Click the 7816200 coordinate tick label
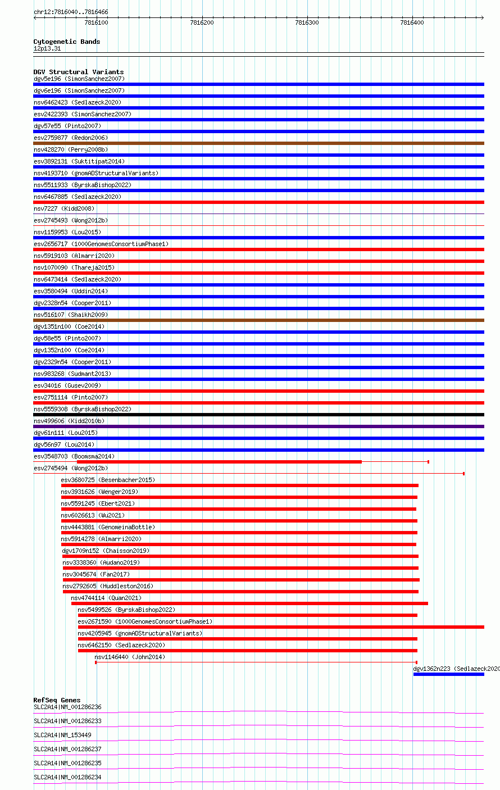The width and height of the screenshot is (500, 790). click(202, 22)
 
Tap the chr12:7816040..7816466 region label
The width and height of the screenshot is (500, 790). click(71, 12)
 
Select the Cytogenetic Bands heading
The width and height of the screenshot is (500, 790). click(66, 42)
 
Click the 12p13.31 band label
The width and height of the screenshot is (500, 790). click(47, 48)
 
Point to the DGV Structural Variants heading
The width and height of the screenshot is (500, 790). click(78, 72)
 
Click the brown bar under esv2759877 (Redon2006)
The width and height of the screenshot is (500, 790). click(258, 143)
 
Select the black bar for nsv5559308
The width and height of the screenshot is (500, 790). click(258, 415)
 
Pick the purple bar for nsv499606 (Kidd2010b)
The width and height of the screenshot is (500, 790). click(258, 426)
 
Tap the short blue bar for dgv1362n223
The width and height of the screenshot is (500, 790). click(448, 674)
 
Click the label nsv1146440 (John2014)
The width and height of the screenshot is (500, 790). click(130, 657)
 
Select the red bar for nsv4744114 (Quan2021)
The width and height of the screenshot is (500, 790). click(249, 603)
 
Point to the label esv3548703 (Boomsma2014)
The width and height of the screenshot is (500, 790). click(74, 456)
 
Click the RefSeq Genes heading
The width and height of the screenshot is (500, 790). click(57, 700)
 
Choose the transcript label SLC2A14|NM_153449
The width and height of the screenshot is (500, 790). click(62, 735)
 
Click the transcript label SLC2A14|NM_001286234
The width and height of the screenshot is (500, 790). click(67, 777)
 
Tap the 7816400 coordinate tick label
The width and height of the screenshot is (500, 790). click(412, 22)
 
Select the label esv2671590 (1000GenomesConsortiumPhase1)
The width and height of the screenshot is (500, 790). click(145, 621)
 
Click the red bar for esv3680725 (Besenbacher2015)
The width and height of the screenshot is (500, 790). click(240, 485)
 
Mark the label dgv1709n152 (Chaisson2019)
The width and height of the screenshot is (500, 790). click(106, 551)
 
